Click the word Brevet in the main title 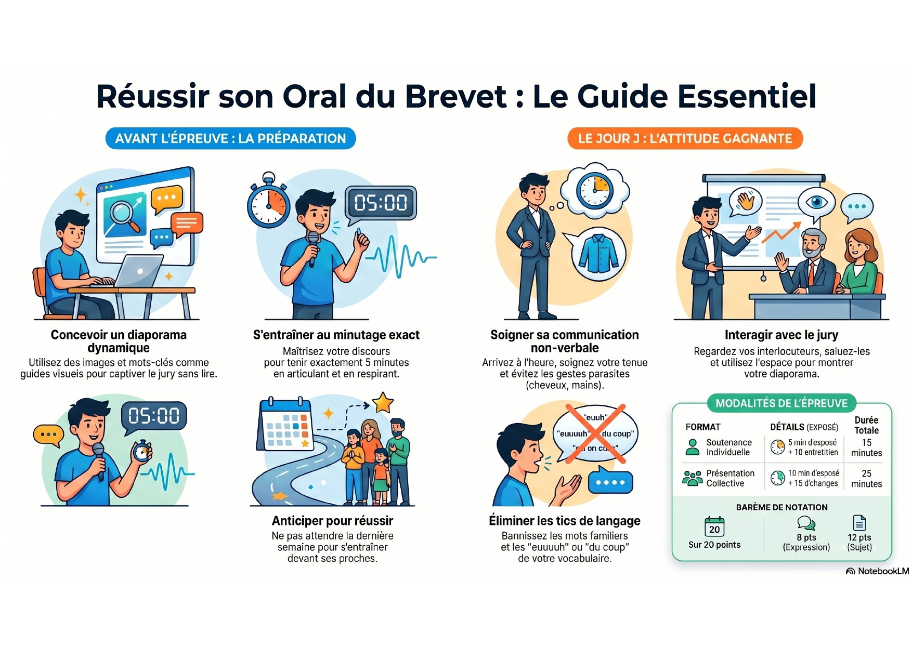click(x=455, y=96)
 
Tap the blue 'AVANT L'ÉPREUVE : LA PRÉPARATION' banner click(x=230, y=138)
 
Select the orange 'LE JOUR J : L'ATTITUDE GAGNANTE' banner click(x=685, y=138)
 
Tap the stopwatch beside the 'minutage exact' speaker click(x=268, y=201)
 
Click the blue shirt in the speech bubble click(x=598, y=253)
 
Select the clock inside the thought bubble click(x=595, y=190)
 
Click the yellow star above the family click(x=383, y=403)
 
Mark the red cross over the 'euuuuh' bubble click(x=595, y=433)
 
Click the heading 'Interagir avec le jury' click(x=781, y=335)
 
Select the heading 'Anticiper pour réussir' click(x=332, y=521)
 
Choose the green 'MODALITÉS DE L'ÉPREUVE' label click(x=781, y=403)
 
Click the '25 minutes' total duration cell click(x=866, y=479)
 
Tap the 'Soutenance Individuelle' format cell click(x=728, y=447)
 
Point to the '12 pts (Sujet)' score click(x=859, y=542)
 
